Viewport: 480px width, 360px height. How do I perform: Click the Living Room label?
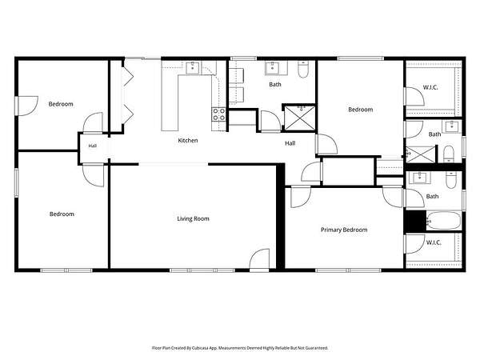click(193, 218)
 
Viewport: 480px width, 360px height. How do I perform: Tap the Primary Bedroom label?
click(344, 230)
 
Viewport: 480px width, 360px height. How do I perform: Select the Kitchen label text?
click(188, 141)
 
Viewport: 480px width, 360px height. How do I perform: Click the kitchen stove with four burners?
click(219, 114)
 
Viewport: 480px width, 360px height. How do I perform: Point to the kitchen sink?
click(193, 67)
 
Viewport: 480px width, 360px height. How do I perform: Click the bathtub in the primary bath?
click(443, 221)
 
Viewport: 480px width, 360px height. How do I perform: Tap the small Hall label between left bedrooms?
click(93, 146)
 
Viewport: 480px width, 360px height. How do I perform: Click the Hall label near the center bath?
click(290, 143)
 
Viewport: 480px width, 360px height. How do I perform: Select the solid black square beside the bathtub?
click(415, 221)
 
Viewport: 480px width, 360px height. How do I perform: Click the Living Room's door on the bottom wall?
click(259, 260)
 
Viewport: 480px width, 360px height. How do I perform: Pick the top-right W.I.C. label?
click(430, 87)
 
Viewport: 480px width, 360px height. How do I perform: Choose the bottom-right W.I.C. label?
click(434, 242)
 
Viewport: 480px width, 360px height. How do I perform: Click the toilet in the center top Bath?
click(303, 69)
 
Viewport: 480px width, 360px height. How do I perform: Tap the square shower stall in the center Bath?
click(300, 118)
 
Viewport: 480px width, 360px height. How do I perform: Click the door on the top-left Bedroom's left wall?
click(27, 106)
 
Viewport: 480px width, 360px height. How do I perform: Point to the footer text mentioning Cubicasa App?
click(240, 348)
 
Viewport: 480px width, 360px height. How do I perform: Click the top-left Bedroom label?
click(61, 104)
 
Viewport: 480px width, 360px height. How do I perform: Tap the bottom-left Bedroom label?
click(62, 214)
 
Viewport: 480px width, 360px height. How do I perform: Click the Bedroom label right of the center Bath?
click(361, 110)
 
